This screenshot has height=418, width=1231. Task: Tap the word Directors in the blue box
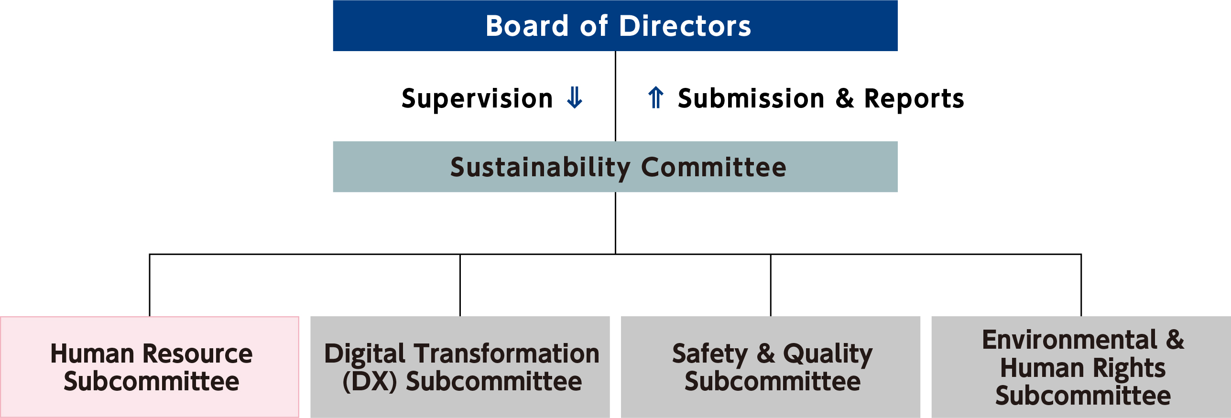coord(686,26)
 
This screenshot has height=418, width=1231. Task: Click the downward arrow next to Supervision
coord(574,97)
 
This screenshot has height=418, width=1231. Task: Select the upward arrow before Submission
coord(656,97)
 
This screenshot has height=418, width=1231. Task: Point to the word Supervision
coord(477,99)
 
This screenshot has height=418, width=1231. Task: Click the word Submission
coord(751,98)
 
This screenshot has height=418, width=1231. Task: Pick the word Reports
coord(914,99)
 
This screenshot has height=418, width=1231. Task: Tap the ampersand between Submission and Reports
coord(844,98)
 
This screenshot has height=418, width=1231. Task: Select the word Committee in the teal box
coord(713,167)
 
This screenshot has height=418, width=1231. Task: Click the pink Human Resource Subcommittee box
coord(150,367)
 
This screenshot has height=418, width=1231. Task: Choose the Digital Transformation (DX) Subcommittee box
coord(460,367)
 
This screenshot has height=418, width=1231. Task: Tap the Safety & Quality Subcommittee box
coord(771,367)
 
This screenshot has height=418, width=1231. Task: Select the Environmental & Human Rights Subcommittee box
coord(1081,367)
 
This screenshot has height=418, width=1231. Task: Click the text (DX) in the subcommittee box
coord(370,381)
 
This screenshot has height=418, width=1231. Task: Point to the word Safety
coord(710,354)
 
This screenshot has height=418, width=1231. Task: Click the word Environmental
coord(1069,340)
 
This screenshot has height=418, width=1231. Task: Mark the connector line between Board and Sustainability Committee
coord(615,96)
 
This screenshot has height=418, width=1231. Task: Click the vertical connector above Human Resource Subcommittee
coord(150,285)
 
